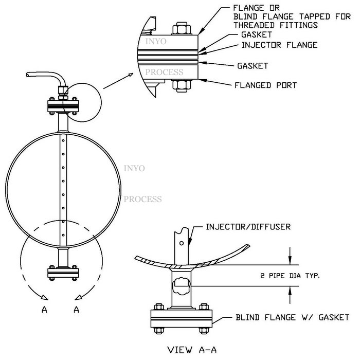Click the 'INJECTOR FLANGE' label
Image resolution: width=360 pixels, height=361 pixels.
[x=279, y=46]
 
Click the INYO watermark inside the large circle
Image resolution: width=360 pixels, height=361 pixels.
[x=134, y=168]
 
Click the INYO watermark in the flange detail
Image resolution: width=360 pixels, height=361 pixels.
[x=156, y=41]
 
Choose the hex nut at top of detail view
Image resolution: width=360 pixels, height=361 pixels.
[x=182, y=27]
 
